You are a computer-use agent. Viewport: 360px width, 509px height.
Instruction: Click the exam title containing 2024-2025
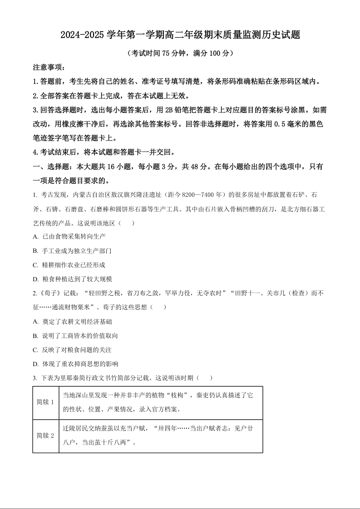point(180,35)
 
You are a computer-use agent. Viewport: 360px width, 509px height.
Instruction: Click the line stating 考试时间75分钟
point(180,53)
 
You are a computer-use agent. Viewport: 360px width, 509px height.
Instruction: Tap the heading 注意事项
point(49,67)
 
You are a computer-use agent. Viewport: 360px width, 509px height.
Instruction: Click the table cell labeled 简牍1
point(45,402)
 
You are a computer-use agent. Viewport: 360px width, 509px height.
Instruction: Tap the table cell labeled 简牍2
point(45,436)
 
